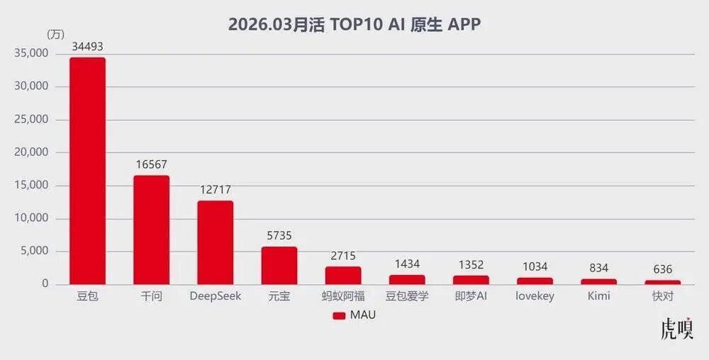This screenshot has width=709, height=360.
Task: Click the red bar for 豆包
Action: point(87,171)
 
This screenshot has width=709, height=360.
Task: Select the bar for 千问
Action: point(152,230)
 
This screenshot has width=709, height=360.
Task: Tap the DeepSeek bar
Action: point(216,242)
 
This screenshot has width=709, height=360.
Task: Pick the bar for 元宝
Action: point(279,266)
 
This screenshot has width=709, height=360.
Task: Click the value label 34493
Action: point(87,46)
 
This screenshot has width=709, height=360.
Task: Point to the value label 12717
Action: point(216,190)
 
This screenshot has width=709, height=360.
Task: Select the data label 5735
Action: point(279,236)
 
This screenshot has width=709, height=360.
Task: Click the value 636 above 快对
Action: point(663,270)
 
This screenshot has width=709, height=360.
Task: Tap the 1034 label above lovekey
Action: point(535,267)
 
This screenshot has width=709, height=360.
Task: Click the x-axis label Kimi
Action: point(598,296)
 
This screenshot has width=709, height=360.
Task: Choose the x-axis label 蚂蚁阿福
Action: point(343,297)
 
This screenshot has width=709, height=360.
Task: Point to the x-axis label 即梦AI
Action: point(471,296)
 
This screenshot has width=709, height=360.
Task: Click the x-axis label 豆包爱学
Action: point(407,297)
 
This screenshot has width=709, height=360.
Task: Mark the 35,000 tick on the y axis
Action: point(31,53)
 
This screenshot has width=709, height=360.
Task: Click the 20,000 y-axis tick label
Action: point(31,152)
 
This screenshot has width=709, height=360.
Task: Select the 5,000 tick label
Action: point(34,251)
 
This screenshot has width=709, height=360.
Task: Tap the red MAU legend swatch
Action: point(339,316)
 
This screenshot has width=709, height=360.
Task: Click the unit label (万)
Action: point(55,34)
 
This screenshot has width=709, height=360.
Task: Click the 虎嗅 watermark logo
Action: point(676,328)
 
